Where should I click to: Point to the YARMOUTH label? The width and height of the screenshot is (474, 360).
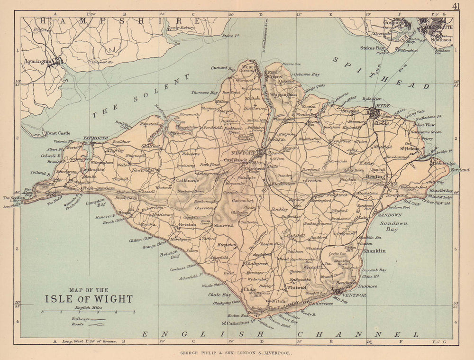pyautogui.click(x=96, y=138)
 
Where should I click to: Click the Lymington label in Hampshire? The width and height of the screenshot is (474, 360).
pyautogui.click(x=39, y=62)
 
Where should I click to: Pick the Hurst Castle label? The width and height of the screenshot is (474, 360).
pyautogui.click(x=58, y=133)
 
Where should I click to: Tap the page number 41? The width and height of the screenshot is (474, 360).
pyautogui.click(x=456, y=6)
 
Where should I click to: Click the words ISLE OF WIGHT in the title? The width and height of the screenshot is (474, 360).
pyautogui.click(x=89, y=299)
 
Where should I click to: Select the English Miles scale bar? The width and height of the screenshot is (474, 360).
pyautogui.click(x=88, y=312)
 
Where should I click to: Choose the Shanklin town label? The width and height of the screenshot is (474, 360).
pyautogui.click(x=374, y=250)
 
